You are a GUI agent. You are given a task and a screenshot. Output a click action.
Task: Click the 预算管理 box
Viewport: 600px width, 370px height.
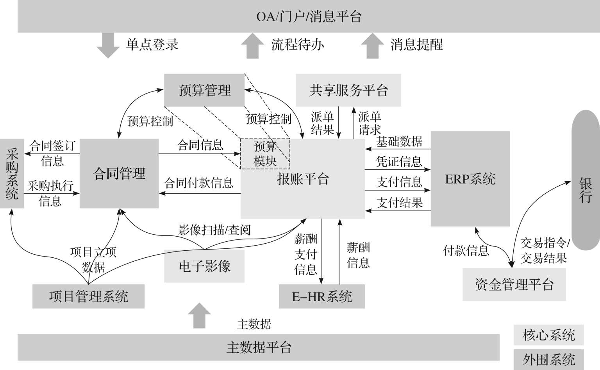pyautogui.click(x=204, y=90)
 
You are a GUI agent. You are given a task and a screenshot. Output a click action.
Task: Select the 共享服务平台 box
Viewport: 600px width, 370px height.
pyautogui.click(x=348, y=90)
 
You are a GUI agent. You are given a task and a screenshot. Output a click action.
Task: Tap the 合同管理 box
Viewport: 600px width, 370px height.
pyautogui.click(x=119, y=173)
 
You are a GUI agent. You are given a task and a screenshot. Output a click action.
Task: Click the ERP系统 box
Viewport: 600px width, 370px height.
pyautogui.click(x=470, y=179)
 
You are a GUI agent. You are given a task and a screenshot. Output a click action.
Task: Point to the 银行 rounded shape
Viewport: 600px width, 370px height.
pyautogui.click(x=585, y=180)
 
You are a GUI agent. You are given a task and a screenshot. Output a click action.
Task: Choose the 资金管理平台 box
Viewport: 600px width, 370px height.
pyautogui.click(x=514, y=284)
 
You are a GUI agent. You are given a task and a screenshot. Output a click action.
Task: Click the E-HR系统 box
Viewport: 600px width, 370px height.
pyautogui.click(x=322, y=296)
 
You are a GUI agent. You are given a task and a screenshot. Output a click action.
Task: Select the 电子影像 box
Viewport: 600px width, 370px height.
pyautogui.click(x=204, y=266)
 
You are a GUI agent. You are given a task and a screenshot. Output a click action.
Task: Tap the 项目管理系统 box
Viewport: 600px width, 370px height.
pyautogui.click(x=88, y=296)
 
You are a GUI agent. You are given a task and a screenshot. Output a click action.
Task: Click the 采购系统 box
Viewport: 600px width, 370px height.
pyautogui.click(x=12, y=174)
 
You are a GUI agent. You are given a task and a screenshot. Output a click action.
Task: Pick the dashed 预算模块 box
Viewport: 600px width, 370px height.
pyautogui.click(x=265, y=154)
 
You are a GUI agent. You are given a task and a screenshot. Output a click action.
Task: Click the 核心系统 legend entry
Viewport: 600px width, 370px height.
pyautogui.click(x=548, y=335)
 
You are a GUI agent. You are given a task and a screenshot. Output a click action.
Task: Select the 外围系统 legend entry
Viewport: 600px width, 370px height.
pyautogui.click(x=548, y=359)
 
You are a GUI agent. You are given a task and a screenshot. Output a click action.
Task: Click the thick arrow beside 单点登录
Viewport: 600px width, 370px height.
pyautogui.click(x=108, y=45)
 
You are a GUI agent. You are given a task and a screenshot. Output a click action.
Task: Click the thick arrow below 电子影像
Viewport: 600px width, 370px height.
pyautogui.click(x=199, y=315)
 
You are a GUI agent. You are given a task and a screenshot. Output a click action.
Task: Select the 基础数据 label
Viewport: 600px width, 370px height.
pyautogui.click(x=399, y=142)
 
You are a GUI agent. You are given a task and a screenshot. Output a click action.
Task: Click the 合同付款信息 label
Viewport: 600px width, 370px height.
pyautogui.click(x=199, y=183)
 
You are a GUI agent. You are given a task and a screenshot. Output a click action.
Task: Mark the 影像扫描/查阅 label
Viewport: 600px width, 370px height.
pyautogui.click(x=214, y=230)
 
